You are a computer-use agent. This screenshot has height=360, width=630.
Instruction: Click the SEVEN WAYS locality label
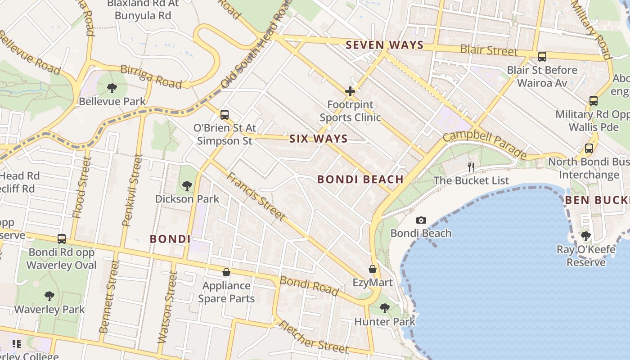pos(385,45)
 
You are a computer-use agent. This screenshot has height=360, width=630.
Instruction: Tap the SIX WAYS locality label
pos(319,139)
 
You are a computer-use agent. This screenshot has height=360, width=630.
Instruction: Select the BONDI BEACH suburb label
pos(360,179)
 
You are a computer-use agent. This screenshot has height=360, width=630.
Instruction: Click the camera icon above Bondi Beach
pos(421,220)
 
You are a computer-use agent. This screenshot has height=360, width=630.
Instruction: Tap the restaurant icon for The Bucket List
pos(471,167)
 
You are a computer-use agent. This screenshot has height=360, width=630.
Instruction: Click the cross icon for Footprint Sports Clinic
pos(350,92)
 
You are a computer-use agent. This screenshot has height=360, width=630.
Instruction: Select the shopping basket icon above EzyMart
pos(373,270)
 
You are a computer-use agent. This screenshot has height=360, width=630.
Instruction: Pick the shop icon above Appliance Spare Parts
pos(226,272)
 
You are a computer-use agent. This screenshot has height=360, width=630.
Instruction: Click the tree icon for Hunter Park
pos(384,308)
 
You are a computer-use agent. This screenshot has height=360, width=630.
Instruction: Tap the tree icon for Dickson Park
pos(187,185)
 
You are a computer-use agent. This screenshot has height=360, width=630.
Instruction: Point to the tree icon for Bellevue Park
pos(112,88)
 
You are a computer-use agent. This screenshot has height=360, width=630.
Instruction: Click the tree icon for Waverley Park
pos(49,296)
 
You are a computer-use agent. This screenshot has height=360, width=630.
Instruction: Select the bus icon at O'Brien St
pos(225,115)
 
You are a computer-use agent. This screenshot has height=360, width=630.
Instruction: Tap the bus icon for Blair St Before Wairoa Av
pos(542,57)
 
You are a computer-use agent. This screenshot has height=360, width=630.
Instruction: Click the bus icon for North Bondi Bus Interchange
pos(589,148)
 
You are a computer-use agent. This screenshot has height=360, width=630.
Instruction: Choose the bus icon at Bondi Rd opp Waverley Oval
pos(62,239)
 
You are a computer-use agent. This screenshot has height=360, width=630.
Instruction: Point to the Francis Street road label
pos(255,197)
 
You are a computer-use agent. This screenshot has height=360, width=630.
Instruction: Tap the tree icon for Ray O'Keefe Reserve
pos(585,236)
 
